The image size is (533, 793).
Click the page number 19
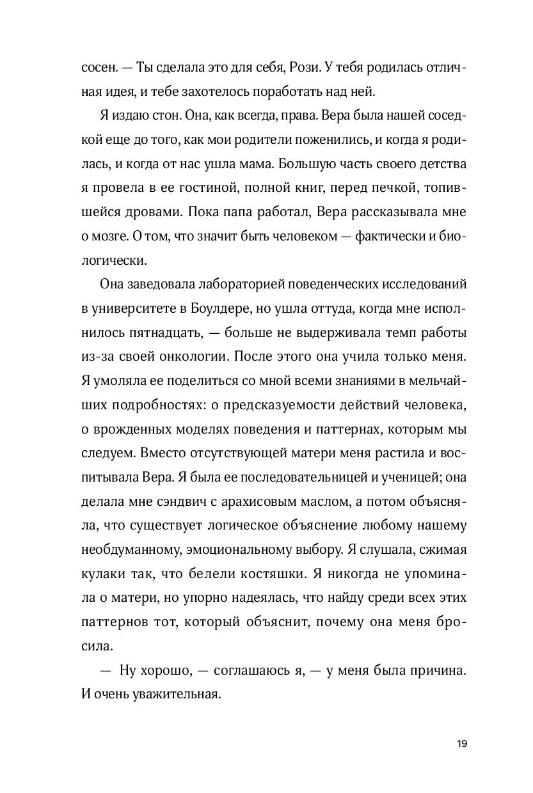(463, 743)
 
